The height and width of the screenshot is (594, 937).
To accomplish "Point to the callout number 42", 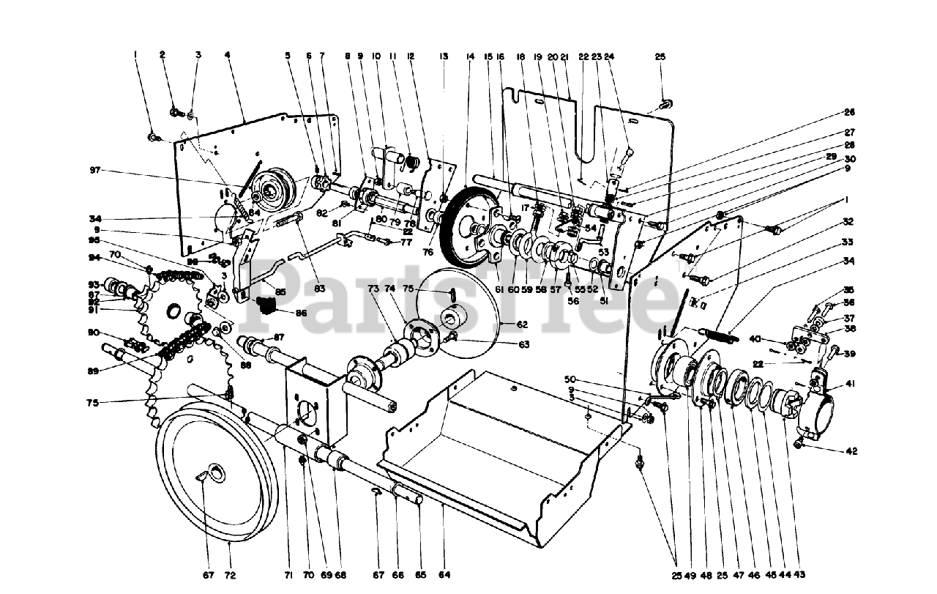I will click(830, 451).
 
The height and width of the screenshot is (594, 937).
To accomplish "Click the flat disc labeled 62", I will click(461, 315).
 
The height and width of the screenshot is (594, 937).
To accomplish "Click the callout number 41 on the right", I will click(830, 383).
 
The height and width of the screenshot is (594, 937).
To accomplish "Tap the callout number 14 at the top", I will click(470, 56).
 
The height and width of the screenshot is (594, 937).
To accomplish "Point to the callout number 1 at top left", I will click(135, 54).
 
